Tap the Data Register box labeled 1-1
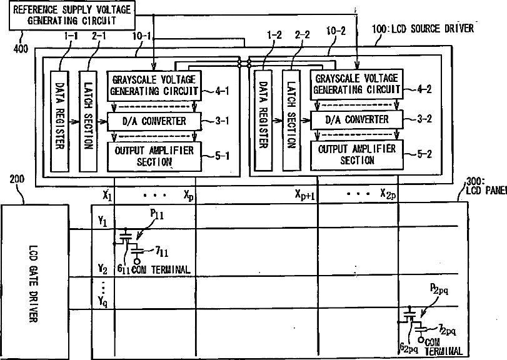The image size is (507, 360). [x=59, y=119]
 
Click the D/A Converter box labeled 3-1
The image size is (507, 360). [x=154, y=120]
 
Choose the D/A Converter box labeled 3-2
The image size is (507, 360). [x=357, y=119]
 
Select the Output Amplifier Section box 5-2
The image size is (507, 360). [x=357, y=154]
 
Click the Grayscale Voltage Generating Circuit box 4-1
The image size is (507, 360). [x=154, y=85]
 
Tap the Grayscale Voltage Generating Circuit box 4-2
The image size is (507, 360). [x=357, y=84]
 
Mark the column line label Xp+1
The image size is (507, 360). [x=306, y=194]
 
